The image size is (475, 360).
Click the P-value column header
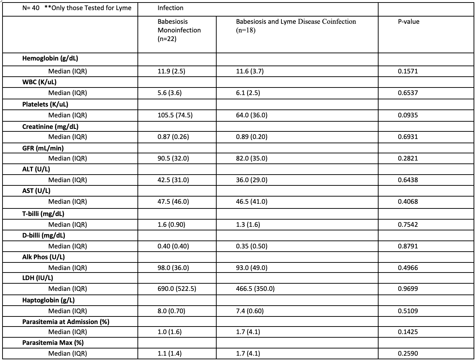click(408, 22)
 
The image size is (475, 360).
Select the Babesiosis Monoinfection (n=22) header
click(179, 30)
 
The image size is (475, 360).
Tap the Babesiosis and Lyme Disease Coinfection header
click(296, 22)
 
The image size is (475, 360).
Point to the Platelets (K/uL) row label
click(45, 104)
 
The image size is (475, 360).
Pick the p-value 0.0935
click(408, 115)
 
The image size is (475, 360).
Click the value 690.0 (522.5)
click(177, 289)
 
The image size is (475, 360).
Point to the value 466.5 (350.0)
click(255, 289)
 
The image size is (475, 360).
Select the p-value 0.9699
click(408, 289)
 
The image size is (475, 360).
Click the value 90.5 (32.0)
click(173, 158)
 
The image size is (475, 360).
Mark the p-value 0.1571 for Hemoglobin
click(408, 71)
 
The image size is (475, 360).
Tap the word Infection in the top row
click(170, 8)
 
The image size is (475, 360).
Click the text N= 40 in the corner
click(31, 8)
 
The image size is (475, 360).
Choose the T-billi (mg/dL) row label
click(43, 214)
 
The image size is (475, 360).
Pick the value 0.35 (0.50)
click(252, 246)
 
